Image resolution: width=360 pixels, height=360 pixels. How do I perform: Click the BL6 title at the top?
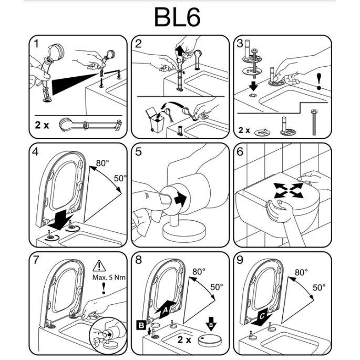177,17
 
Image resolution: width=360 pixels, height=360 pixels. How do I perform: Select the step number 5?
139,152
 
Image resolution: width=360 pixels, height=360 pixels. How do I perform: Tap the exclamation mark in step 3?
319,80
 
